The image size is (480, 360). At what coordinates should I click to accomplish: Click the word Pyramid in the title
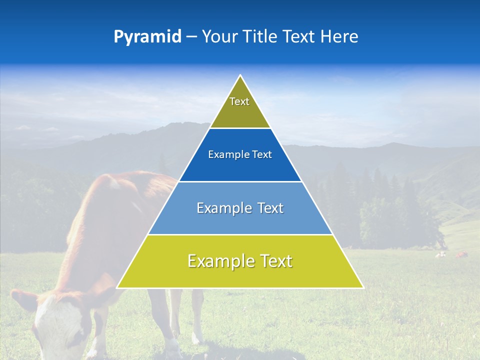[x=147, y=37]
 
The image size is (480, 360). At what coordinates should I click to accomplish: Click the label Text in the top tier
[x=239, y=101]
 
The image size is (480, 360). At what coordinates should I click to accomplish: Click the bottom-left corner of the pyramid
[x=117, y=287]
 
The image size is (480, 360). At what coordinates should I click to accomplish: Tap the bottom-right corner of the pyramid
[x=363, y=287]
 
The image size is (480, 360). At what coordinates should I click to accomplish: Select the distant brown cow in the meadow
[x=461, y=255]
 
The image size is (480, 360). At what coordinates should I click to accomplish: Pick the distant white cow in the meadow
[x=440, y=254]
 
